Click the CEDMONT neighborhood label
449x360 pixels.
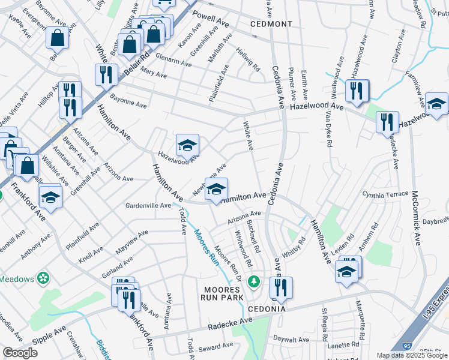pyautogui.click(x=271, y=24)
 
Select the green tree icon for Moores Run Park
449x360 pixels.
pyautogui.click(x=254, y=281)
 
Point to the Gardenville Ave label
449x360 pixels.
pyautogui.click(x=148, y=205)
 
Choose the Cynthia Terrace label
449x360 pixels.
pyautogui.click(x=389, y=195)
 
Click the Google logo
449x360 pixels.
pyautogui.click(x=20, y=353)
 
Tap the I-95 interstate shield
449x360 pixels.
pyautogui.click(x=408, y=346)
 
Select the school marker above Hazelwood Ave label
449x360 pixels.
pyautogui.click(x=187, y=145)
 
